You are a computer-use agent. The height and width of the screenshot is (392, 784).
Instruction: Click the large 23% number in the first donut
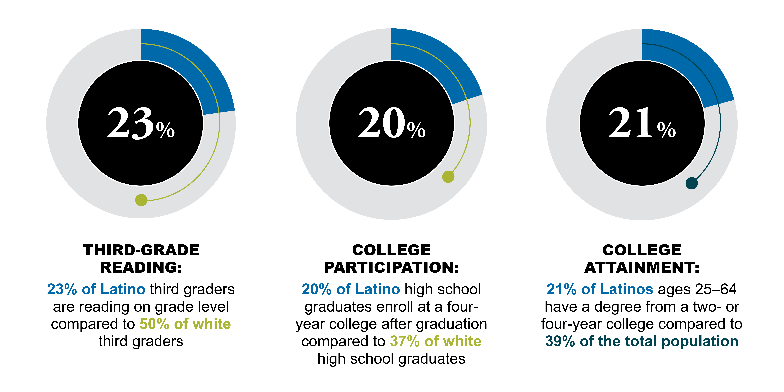(x=141, y=123)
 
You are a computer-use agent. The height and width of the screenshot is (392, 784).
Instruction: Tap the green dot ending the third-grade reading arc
(x=141, y=200)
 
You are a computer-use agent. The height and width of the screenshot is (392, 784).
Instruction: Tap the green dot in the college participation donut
(x=448, y=177)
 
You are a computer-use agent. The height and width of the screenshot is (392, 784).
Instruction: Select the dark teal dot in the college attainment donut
(x=691, y=183)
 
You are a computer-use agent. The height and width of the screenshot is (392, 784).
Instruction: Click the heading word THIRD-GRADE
(x=141, y=250)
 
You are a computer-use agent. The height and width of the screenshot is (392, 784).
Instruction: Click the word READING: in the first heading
(x=141, y=268)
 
